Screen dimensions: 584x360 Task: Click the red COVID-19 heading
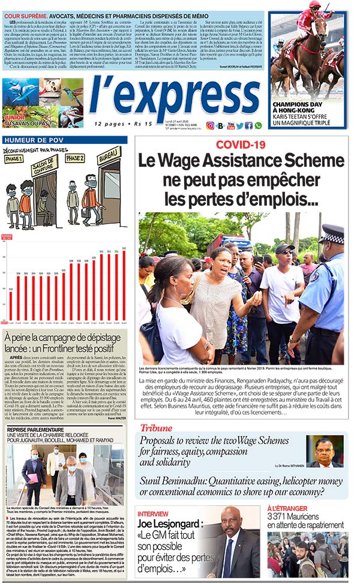(x=240, y=145)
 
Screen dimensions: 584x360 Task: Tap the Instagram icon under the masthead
(x=210, y=125)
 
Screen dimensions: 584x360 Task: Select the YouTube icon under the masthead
(x=230, y=125)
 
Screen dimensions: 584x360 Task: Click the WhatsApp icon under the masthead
(x=258, y=125)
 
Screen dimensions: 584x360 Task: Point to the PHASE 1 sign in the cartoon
(x=13, y=160)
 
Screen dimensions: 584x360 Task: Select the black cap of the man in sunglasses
(x=284, y=248)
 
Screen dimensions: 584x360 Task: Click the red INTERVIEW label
(x=153, y=514)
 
